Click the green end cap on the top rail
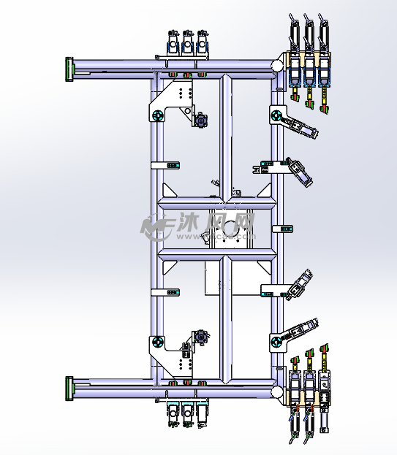(x=70, y=71)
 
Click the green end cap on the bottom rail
(x=70, y=389)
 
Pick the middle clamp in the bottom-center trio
(x=187, y=413)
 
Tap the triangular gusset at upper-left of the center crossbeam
(x=167, y=192)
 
